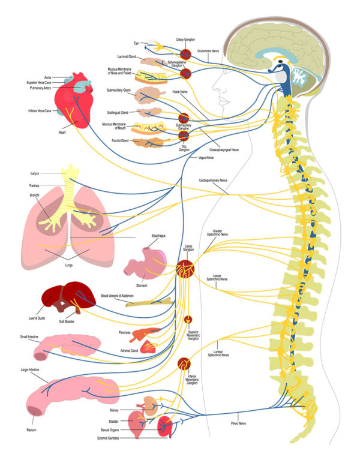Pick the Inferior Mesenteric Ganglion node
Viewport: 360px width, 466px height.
[184, 363]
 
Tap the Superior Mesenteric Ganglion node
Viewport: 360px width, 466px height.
[188, 318]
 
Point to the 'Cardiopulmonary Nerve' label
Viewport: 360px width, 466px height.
[214, 179]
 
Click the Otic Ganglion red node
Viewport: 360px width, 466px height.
[184, 136]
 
